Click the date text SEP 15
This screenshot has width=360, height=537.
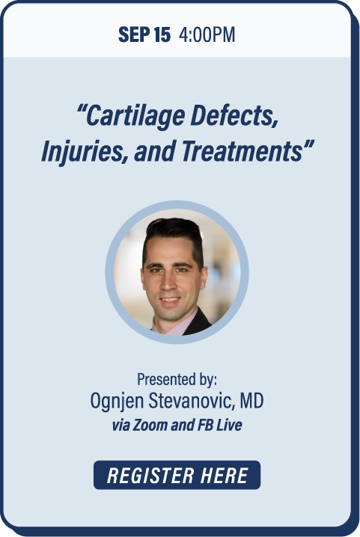144,34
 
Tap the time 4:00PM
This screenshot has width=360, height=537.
207,34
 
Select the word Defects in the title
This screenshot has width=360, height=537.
234,115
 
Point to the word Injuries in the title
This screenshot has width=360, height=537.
85,152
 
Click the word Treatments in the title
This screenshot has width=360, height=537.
242,151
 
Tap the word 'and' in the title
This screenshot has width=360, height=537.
155,151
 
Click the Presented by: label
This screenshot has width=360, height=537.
177,379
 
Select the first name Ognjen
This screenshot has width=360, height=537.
117,401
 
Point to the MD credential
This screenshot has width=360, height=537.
251,400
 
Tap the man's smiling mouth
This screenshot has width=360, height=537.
170,301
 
